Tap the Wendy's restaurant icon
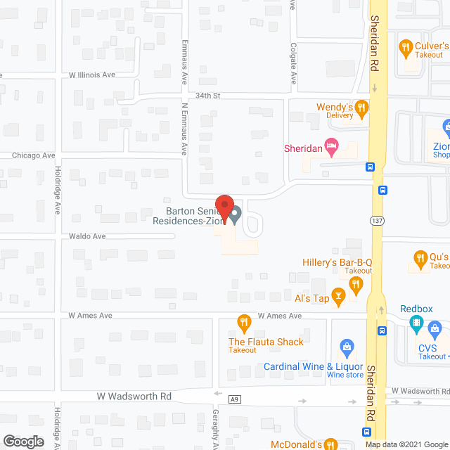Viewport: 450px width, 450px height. (x=362, y=108)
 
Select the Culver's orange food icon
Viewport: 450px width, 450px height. (x=405, y=49)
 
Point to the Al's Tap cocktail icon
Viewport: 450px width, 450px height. (x=338, y=298)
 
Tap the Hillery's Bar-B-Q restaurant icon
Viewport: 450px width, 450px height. (x=356, y=284)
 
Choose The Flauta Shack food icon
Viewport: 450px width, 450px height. (x=243, y=323)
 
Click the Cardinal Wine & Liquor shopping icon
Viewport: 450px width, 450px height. (x=346, y=346)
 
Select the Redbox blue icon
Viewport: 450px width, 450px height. (x=416, y=326)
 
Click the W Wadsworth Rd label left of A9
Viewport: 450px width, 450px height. (x=134, y=397)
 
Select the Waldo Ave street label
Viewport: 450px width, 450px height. (x=87, y=236)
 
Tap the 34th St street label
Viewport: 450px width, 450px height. (x=210, y=96)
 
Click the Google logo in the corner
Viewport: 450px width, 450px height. (x=22, y=442)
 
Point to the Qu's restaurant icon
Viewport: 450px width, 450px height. (x=420, y=257)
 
